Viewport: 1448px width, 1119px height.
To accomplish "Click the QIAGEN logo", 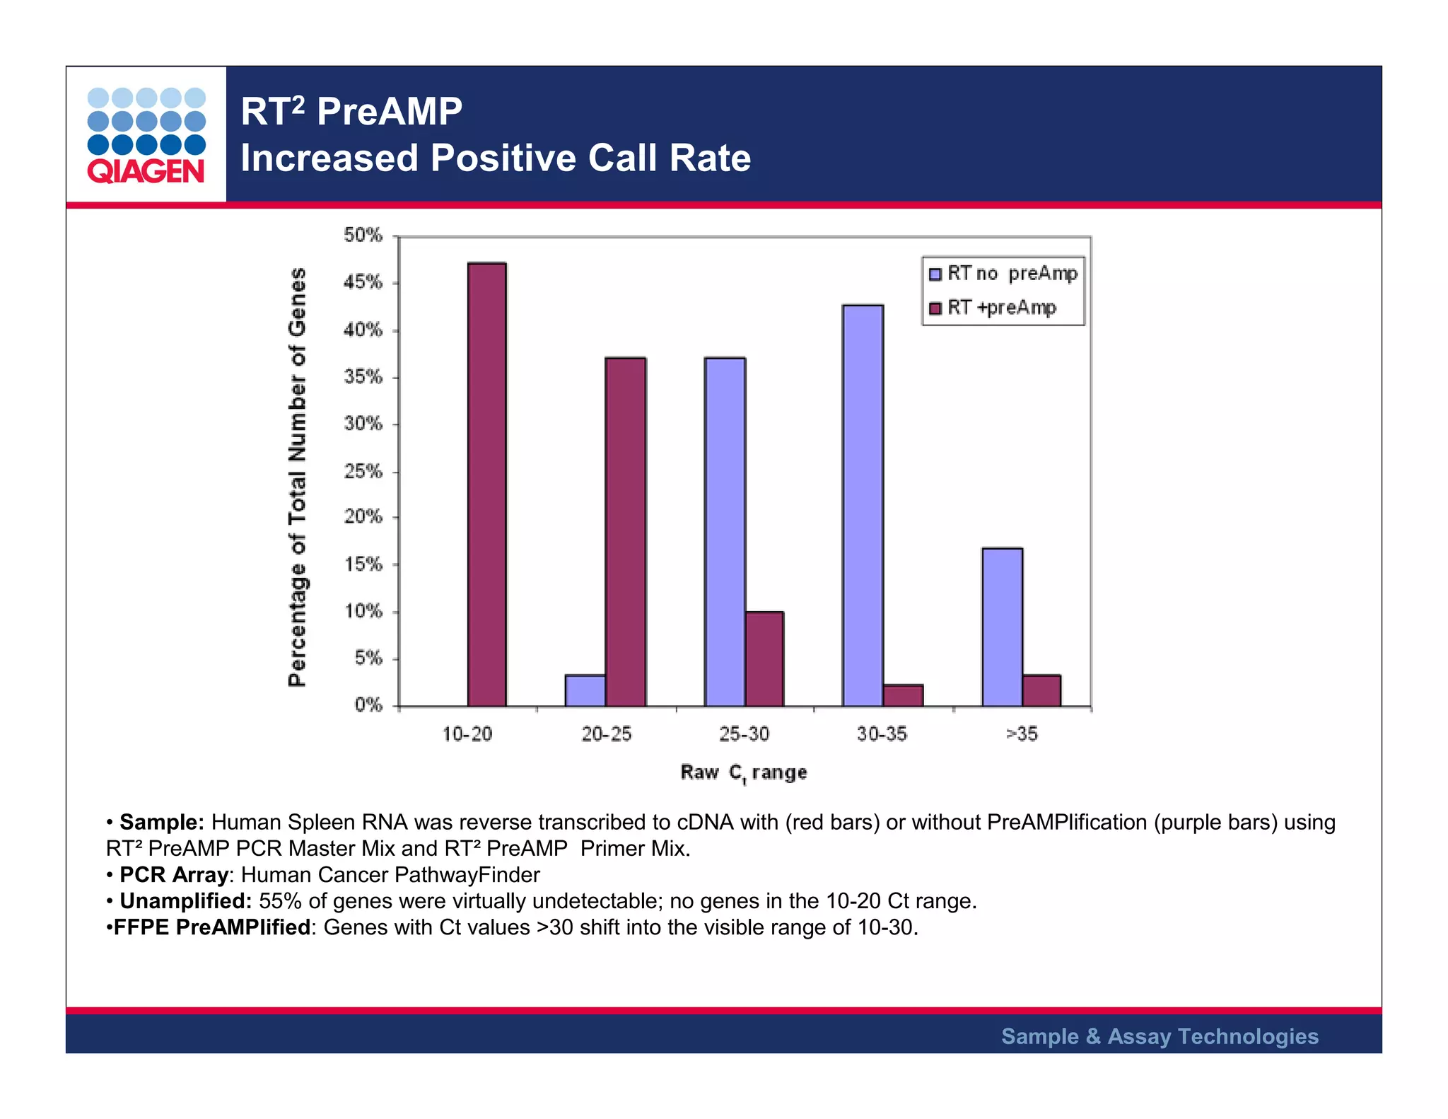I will pos(146,136).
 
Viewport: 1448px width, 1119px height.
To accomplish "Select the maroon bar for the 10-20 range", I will pos(486,485).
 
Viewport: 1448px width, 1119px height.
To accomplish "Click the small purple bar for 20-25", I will pos(585,690).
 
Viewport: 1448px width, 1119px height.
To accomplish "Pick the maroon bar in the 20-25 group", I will pos(626,532).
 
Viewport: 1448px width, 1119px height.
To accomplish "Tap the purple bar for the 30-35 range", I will pos(863,506).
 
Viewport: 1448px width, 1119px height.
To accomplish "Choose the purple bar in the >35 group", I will pos(1002,627).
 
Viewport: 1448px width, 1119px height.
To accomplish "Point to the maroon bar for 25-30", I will pos(764,659).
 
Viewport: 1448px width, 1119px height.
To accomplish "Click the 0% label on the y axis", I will pos(368,705).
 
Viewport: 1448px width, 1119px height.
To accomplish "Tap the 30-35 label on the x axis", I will pos(882,734).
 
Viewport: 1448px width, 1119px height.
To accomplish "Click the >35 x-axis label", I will pos(1022,734).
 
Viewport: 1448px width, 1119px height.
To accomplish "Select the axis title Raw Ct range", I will pos(743,772).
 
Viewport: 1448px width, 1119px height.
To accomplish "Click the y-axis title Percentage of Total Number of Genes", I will pos(298,477).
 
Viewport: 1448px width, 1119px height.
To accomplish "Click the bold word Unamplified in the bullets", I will pos(185,901).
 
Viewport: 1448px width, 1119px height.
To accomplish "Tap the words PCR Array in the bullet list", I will pos(173,875).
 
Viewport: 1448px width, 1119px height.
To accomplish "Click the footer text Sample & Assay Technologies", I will pos(1160,1036).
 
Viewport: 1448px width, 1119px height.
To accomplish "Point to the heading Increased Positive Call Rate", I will pos(496,158).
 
